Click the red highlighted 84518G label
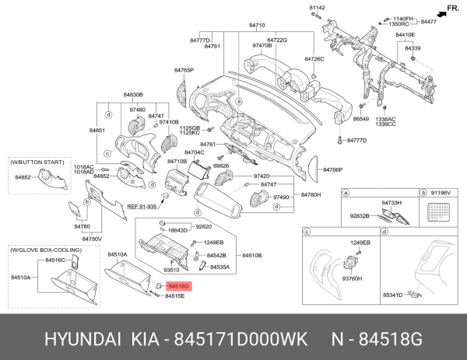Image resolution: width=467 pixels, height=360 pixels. point(178,286)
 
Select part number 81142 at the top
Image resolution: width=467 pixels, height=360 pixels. point(316,8)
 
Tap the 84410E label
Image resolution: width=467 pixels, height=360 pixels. point(405,35)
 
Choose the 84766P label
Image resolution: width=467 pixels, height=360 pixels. point(333,170)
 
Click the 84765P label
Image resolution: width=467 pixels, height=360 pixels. point(183,71)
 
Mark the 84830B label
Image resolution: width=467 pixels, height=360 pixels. point(133,95)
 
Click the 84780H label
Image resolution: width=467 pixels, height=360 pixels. point(311,194)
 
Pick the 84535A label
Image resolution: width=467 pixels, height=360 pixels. point(218,267)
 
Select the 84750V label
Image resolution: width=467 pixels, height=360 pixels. point(92,239)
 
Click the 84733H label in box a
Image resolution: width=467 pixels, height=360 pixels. point(391,202)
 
